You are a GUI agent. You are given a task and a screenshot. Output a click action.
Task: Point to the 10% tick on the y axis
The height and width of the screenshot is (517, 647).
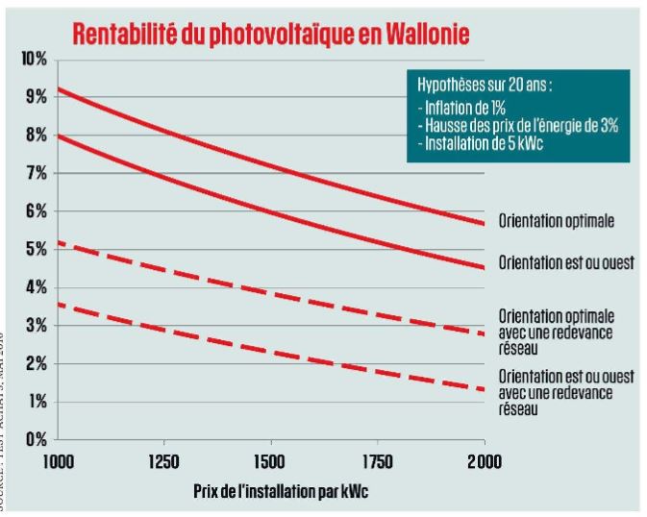[x=34, y=59]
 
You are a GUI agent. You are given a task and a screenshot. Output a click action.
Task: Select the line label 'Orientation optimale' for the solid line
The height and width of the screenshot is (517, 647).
[x=556, y=221]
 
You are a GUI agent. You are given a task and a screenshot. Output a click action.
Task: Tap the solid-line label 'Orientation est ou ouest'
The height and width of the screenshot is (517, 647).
[x=565, y=262]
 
